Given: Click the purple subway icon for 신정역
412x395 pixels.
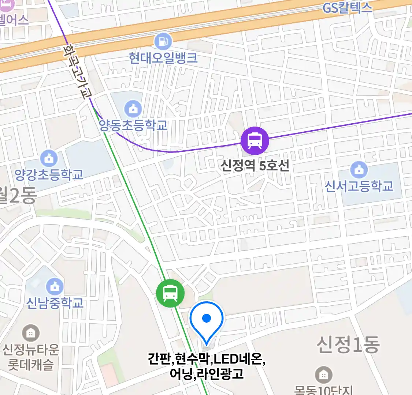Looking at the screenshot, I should coord(255,141).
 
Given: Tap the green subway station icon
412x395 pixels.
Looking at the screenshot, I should coord(170,293).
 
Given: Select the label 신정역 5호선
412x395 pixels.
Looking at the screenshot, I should coord(255,166).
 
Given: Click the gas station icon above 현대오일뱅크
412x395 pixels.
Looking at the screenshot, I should coord(163,41).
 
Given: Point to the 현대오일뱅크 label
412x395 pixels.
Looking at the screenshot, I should coord(163,58).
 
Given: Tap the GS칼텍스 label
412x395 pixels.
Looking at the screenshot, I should coord(347,8).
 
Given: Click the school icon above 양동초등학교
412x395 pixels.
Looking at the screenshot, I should coord(133,109).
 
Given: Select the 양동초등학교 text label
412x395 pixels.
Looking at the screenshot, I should coord(133,125).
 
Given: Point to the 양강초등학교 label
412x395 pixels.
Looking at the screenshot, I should coord(49,175).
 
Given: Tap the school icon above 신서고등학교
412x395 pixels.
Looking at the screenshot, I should coord(359,170).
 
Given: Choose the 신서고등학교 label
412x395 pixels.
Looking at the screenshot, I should coord(359,186).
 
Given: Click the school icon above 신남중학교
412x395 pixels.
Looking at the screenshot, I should coord(55,287).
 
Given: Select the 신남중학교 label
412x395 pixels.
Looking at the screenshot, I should coord(55,303).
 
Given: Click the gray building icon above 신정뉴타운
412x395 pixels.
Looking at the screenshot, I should coord(31,333).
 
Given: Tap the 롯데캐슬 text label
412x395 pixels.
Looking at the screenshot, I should coord(31,365).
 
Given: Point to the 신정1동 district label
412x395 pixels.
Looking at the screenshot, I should coord(348,345).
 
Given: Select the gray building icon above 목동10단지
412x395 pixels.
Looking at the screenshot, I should coord(323,375).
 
